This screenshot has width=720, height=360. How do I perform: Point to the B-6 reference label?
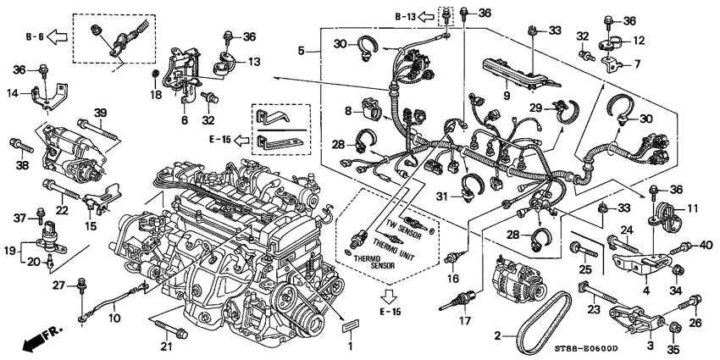(33, 36)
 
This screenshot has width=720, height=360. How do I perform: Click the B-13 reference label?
(407, 15)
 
